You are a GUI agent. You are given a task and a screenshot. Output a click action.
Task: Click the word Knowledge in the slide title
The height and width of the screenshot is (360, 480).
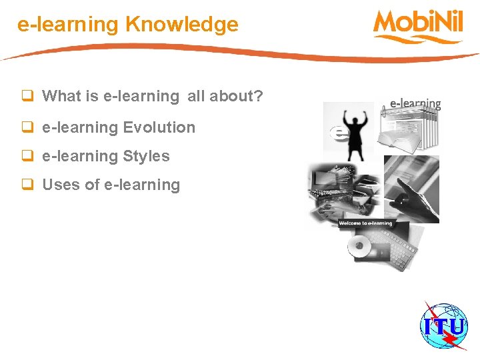coord(181,25)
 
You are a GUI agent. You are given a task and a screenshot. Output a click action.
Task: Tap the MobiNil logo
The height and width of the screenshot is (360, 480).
coord(418,25)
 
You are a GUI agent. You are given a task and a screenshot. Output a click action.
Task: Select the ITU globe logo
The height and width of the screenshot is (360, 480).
coord(443,326)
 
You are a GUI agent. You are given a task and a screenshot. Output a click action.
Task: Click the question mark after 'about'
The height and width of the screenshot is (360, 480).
coord(259,97)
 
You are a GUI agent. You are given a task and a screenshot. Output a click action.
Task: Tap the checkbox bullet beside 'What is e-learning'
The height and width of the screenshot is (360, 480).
coord(28,97)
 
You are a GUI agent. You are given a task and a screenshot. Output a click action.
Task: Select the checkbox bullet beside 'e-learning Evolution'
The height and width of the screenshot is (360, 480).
coord(28,127)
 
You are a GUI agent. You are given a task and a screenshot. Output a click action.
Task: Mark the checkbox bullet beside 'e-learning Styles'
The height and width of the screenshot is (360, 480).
coord(28,157)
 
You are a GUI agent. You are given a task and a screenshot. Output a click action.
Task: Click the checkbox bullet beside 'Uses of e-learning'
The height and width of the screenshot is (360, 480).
coord(28,185)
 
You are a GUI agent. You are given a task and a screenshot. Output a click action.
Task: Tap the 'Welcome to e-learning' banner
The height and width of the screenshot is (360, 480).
coord(365,223)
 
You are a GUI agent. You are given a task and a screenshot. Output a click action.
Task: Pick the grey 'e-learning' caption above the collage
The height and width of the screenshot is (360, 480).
coord(415,104)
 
